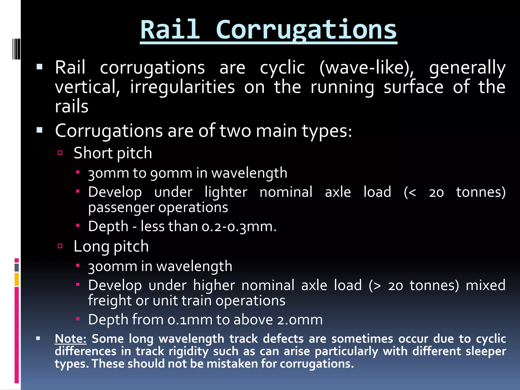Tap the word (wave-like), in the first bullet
[367, 68]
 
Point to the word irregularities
[182, 87]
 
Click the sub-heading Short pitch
[113, 153]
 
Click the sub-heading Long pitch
[111, 247]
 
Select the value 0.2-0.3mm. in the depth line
[239, 226]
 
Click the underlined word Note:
[71, 339]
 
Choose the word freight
[109, 301]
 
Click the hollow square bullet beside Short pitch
[60, 153]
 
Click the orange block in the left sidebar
[17, 279]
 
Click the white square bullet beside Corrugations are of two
[39, 130]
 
